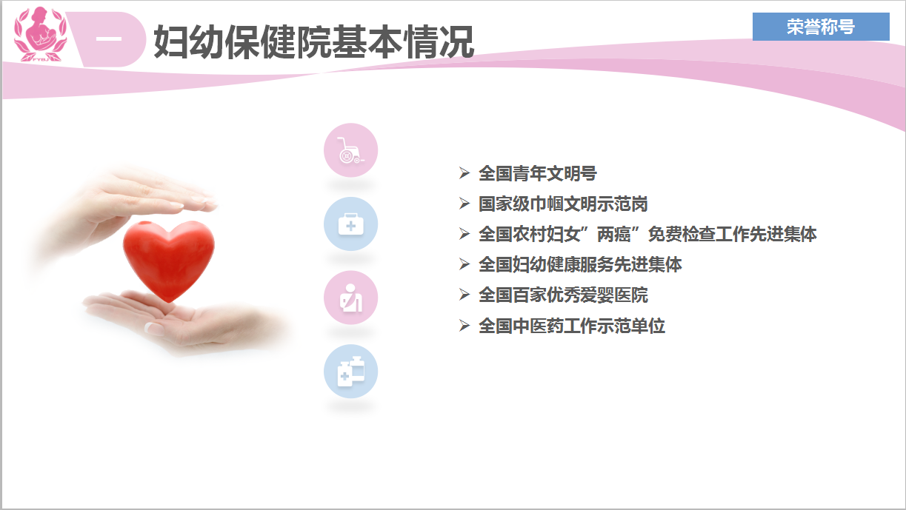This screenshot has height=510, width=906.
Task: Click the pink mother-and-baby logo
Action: tap(40, 35)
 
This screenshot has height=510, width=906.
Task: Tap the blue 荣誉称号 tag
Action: tap(821, 27)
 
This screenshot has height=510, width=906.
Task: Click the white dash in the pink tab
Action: tap(109, 39)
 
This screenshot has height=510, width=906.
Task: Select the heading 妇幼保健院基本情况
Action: tap(313, 41)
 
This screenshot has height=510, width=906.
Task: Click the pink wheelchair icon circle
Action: tap(350, 150)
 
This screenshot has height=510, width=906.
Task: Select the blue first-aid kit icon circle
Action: tap(350, 224)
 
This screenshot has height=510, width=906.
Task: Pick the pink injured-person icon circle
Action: tap(350, 298)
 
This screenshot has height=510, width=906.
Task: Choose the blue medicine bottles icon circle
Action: tap(350, 372)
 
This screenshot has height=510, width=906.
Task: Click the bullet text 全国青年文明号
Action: tap(538, 173)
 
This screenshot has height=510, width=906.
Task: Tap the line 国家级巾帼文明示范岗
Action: tap(563, 204)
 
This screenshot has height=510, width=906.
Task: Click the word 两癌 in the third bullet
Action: tap(614, 235)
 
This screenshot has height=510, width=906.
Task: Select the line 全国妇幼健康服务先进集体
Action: tap(580, 265)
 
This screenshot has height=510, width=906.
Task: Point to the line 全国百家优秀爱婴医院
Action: tap(563, 295)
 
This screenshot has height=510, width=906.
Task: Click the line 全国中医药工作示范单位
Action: tap(571, 326)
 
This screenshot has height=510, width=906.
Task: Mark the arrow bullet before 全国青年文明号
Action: tap(464, 173)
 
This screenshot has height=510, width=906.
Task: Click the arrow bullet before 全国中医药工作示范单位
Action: tap(464, 325)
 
